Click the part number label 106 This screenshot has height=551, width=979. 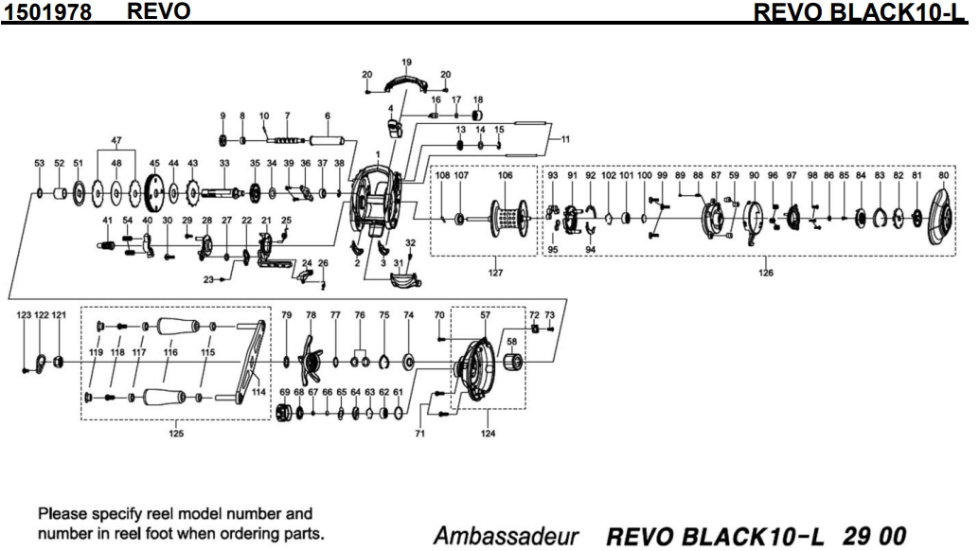505,175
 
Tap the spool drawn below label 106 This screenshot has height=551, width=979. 507,221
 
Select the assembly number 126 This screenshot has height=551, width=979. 765,274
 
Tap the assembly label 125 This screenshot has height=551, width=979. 176,435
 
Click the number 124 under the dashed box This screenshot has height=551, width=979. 488,435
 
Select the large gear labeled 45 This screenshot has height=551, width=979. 153,195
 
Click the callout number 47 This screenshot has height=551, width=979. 116,141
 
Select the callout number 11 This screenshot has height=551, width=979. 565,140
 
